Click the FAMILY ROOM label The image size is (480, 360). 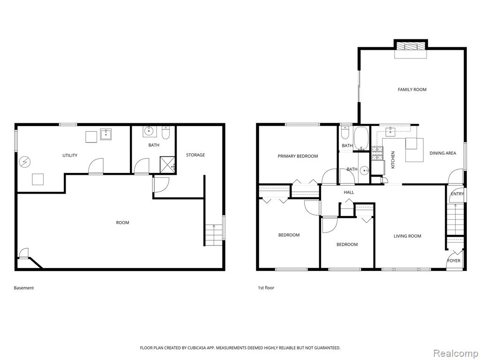(412, 90)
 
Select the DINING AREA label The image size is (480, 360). (442, 153)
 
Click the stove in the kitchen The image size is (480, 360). (377, 153)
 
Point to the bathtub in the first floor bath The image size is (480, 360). (361, 139)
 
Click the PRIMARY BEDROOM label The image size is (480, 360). (298, 156)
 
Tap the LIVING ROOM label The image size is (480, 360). (407, 236)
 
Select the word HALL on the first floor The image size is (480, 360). (349, 192)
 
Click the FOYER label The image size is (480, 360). (454, 261)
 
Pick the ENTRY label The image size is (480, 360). (457, 194)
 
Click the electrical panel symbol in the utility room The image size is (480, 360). (23, 162)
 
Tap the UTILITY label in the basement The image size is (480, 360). (70, 156)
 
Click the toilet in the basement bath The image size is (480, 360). (165, 132)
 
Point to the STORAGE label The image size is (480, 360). (195, 155)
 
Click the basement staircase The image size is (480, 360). (214, 235)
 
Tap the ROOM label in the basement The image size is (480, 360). (122, 223)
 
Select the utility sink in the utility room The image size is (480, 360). (105, 134)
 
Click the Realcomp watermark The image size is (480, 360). (456, 353)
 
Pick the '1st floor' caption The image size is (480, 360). (266, 288)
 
